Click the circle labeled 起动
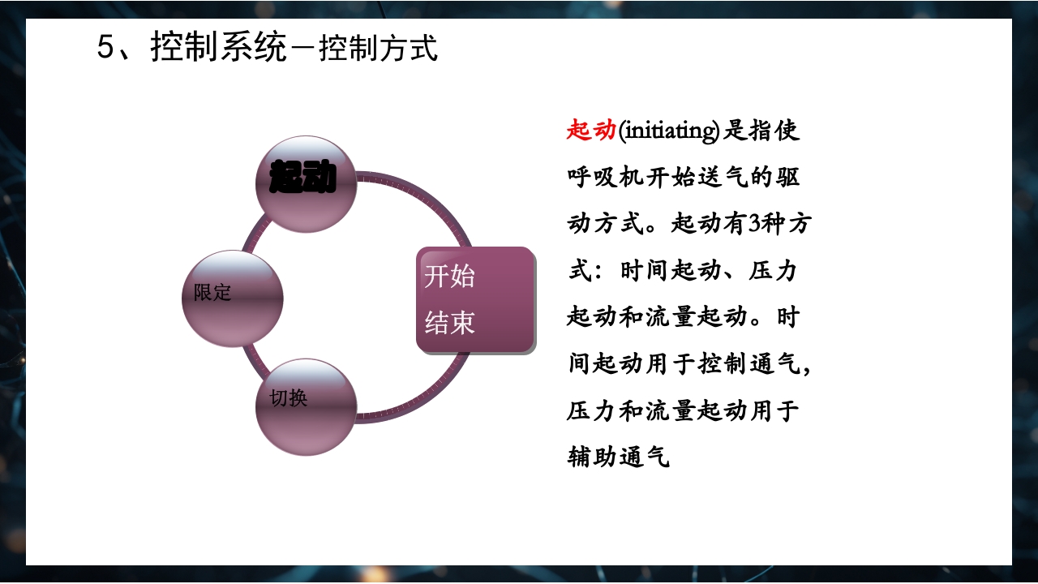pos(306,183)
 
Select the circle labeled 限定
pos(233,298)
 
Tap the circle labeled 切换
pos(306,406)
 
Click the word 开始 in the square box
pos(449,277)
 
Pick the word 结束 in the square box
pos(449,323)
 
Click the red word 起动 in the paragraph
pos(591,130)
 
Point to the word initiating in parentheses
pos(669,131)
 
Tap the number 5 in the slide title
pos(106,48)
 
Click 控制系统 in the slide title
pos(219,48)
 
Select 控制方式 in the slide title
pos(379,49)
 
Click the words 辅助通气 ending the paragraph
pos(618,457)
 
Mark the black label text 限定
pos(212,293)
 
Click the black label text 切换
pos(289,398)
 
